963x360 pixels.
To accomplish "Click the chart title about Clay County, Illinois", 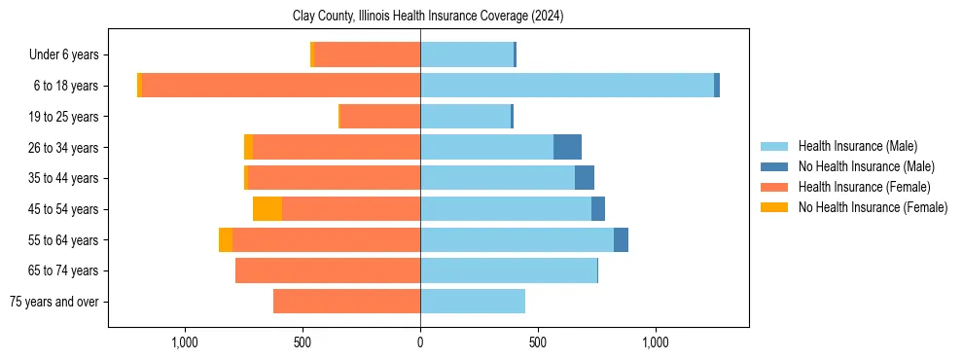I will (428, 17).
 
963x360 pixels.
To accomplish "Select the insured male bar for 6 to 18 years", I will (567, 86).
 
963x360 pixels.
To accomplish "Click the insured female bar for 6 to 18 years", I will (281, 86).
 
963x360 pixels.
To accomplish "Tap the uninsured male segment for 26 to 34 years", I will (567, 147).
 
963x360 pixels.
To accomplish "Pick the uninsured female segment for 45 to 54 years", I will (267, 208).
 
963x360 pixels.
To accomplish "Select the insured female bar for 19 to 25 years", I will (379, 117).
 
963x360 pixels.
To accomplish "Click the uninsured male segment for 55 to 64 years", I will (621, 239).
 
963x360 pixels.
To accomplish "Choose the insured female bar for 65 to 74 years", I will (328, 270).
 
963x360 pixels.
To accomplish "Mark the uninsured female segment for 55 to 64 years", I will (226, 239).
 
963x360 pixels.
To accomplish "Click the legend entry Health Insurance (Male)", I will (857, 146).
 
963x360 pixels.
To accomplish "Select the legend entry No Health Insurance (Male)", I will (865, 166).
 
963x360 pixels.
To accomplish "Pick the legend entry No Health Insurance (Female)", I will (872, 207).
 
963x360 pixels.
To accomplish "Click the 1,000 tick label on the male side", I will (656, 342).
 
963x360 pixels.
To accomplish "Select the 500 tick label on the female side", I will (303, 342).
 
